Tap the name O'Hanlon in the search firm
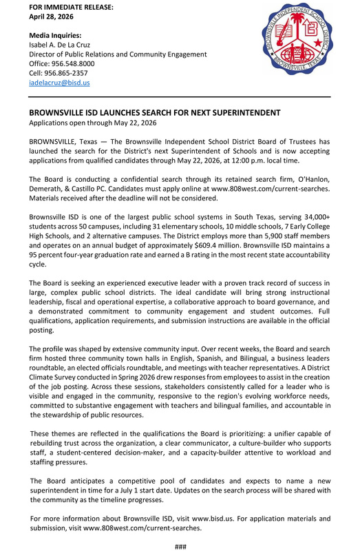(x=313, y=179)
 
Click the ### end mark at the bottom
(x=180, y=546)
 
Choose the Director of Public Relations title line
(x=117, y=54)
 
